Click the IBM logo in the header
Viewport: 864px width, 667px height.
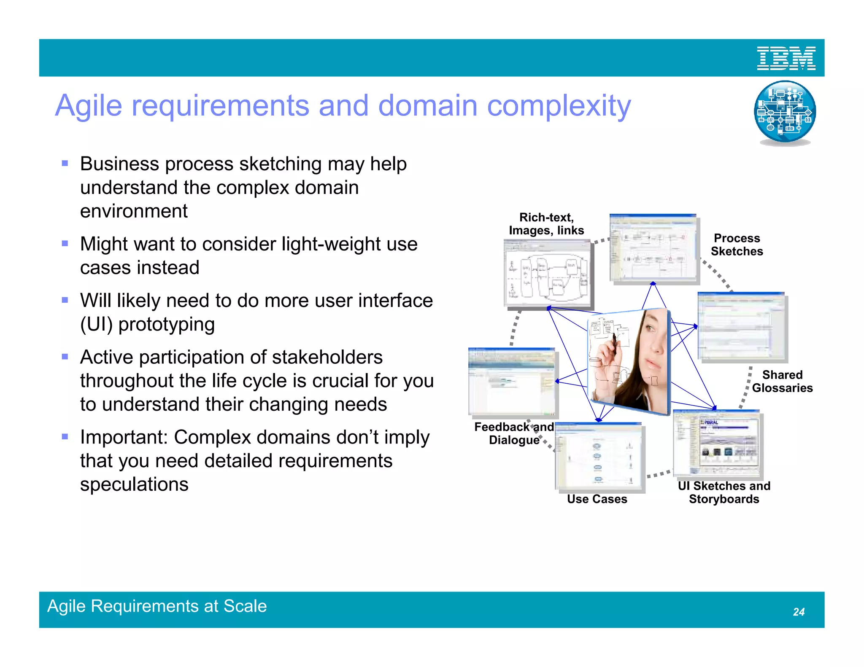point(786,58)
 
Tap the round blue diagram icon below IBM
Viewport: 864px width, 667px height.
point(785,112)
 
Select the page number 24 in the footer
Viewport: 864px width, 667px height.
point(798,612)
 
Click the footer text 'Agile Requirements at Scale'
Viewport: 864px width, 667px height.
point(157,606)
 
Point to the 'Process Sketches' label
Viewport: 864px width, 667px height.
point(737,245)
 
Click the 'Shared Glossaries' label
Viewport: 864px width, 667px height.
point(782,381)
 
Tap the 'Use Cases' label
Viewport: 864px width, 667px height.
point(597,499)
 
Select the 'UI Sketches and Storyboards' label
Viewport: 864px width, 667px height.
point(724,492)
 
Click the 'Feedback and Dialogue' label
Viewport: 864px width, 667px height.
point(514,433)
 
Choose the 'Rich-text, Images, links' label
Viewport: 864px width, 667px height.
point(546,224)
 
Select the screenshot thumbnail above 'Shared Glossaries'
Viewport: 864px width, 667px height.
point(742,326)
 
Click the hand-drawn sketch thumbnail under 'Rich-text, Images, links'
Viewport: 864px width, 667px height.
point(548,274)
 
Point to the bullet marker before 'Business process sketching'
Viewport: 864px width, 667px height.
point(65,164)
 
